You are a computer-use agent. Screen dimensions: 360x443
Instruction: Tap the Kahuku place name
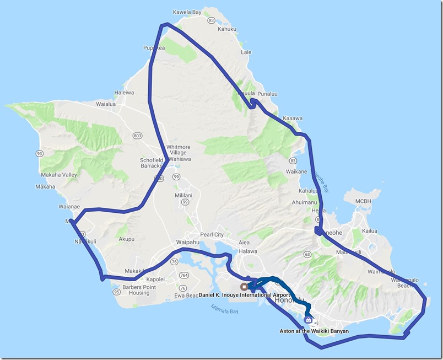point(227,29)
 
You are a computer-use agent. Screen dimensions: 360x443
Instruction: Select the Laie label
point(246,52)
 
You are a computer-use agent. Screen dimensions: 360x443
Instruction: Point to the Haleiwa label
point(123,93)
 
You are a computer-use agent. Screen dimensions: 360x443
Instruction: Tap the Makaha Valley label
point(58,175)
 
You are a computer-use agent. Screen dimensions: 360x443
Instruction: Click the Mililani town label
point(183,195)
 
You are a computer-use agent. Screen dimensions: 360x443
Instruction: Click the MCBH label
point(364,201)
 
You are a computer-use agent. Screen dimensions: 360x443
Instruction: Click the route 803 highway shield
point(137,135)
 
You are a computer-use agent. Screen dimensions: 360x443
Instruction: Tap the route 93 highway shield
point(39,153)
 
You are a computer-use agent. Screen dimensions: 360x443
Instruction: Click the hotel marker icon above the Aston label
point(308,319)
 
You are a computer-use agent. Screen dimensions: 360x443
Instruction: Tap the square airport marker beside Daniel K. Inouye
point(244,286)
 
